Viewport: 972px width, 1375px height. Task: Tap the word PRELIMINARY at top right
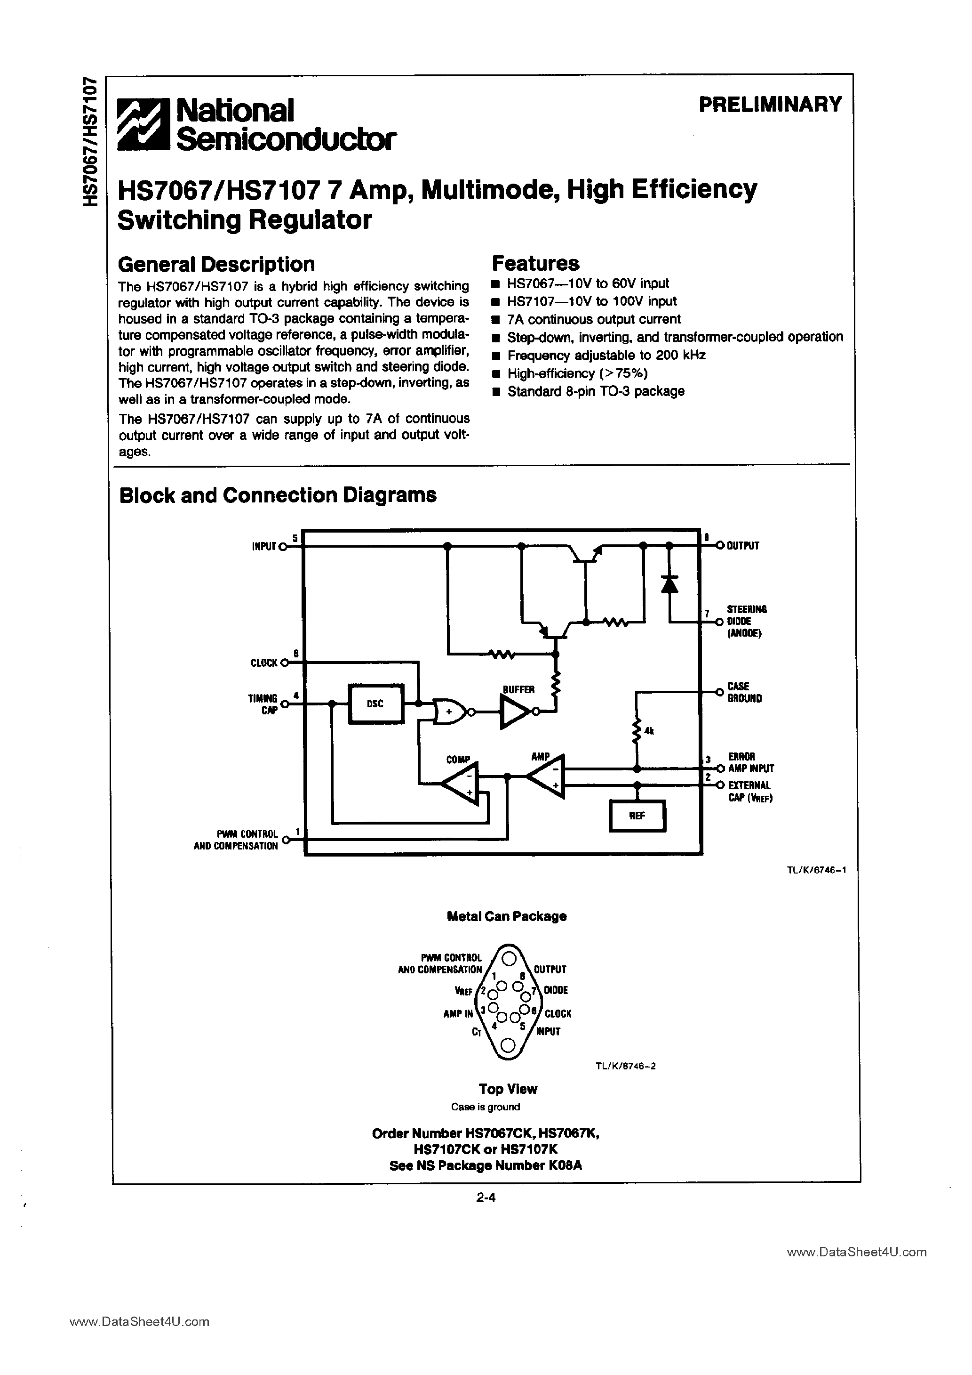coord(770,104)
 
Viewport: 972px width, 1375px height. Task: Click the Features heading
coord(535,264)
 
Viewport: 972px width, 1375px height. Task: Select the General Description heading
coord(216,264)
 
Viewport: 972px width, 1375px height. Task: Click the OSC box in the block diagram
coord(375,704)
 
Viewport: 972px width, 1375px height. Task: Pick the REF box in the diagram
coord(637,816)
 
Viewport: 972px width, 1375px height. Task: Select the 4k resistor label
coord(649,731)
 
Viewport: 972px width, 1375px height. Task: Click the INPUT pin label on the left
coord(264,546)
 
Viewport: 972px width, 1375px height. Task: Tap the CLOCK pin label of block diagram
coord(264,663)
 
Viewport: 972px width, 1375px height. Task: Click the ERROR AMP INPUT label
coord(750,762)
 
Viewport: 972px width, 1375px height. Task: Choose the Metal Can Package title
coord(506,916)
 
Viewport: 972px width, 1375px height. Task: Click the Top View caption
coord(508,1089)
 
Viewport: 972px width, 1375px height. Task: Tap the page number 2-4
coord(486,1198)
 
